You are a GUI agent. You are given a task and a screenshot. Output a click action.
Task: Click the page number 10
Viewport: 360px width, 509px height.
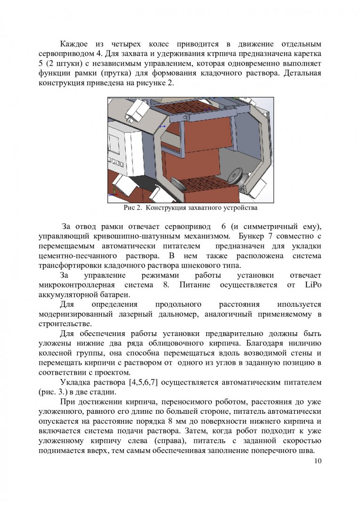click(316, 461)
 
